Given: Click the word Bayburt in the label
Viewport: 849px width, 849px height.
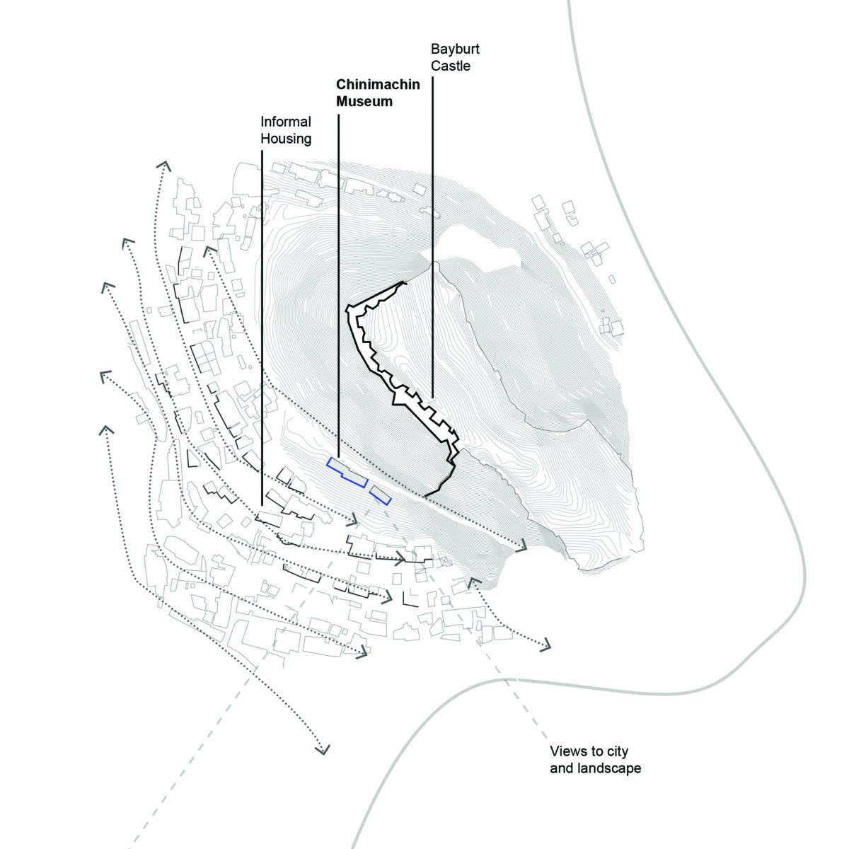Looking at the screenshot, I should pyautogui.click(x=455, y=50).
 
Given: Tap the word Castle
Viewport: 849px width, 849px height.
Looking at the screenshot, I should pyautogui.click(x=451, y=67).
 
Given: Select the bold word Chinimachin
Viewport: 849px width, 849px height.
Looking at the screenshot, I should pyautogui.click(x=378, y=85).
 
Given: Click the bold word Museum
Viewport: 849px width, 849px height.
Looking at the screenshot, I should pyautogui.click(x=364, y=102).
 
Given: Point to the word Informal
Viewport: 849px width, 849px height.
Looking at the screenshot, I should pyautogui.click(x=286, y=122).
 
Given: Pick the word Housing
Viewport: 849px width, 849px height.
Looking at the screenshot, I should pyautogui.click(x=286, y=139).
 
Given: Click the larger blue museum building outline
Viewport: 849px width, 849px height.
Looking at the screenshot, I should pyautogui.click(x=347, y=472).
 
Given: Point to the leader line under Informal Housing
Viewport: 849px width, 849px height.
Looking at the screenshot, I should pyautogui.click(x=262, y=318).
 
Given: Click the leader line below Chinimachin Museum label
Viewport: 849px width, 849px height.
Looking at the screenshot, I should pyautogui.click(x=338, y=283).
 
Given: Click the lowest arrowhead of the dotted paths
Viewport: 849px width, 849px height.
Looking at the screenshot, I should pyautogui.click(x=323, y=749).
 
